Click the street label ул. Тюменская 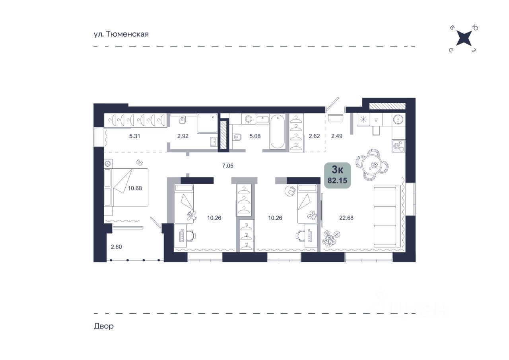pyautogui.click(x=121, y=34)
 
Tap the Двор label pyautogui.click(x=104, y=326)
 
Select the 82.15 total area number pyautogui.click(x=337, y=181)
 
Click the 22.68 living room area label pyautogui.click(x=346, y=218)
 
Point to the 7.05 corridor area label pyautogui.click(x=228, y=166)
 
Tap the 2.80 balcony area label pyautogui.click(x=117, y=247)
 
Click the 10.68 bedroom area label pyautogui.click(x=135, y=188)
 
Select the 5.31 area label pyautogui.click(x=134, y=136)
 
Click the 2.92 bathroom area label pyautogui.click(x=183, y=136)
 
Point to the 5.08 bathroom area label pyautogui.click(x=255, y=136)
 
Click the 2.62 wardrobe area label pyautogui.click(x=314, y=136)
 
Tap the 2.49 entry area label pyautogui.click(x=337, y=136)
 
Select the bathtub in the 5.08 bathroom pyautogui.click(x=278, y=131)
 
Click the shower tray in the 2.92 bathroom pyautogui.click(x=207, y=123)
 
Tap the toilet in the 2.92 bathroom pyautogui.click(x=182, y=120)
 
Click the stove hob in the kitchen pyautogui.click(x=398, y=146)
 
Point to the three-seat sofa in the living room pyautogui.click(x=387, y=216)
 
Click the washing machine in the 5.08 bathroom pyautogui.click(x=249, y=119)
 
